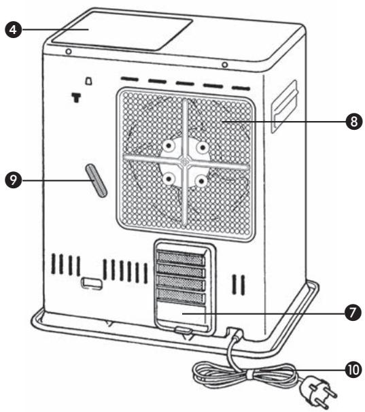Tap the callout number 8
tap(351, 122)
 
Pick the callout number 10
tap(351, 369)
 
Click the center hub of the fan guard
tap(184, 162)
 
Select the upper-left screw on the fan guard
tap(166, 146)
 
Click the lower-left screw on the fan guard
tap(166, 179)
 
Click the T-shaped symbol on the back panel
tap(75, 97)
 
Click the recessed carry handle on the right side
tap(283, 105)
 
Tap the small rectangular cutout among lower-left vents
tap(88, 282)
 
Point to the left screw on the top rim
tap(69, 53)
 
